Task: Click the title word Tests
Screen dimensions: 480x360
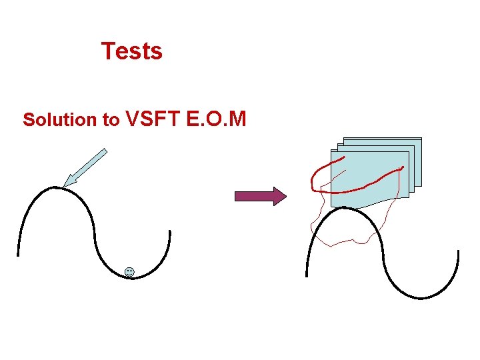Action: pyautogui.click(x=131, y=51)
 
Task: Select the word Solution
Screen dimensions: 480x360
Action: pyautogui.click(x=61, y=120)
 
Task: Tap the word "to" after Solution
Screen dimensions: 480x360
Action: pyautogui.click(x=111, y=121)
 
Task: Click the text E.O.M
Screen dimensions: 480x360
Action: pyautogui.click(x=216, y=119)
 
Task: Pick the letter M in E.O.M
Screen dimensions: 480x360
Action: pyautogui.click(x=237, y=119)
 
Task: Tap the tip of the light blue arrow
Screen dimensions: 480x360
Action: pyautogui.click(x=64, y=187)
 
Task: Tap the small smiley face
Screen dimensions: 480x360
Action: pyautogui.click(x=129, y=271)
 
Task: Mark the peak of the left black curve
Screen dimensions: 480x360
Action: pyautogui.click(x=59, y=188)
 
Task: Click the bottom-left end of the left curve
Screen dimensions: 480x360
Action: pyautogui.click(x=18, y=255)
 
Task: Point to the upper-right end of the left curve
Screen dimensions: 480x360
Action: pyautogui.click(x=170, y=231)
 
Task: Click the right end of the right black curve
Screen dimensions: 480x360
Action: pyautogui.click(x=458, y=251)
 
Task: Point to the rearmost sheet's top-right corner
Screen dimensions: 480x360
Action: pyautogui.click(x=421, y=139)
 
